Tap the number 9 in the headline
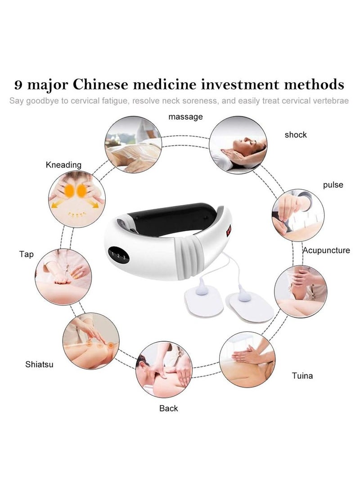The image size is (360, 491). pyautogui.click(x=18, y=85)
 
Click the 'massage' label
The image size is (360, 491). pyautogui.click(x=185, y=117)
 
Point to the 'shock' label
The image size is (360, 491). pyautogui.click(x=296, y=134)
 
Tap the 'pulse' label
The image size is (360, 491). pyautogui.click(x=333, y=185)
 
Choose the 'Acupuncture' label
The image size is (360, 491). pyautogui.click(x=326, y=250)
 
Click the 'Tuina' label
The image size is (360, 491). pyautogui.click(x=302, y=375)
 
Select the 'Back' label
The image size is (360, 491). pyautogui.click(x=169, y=408)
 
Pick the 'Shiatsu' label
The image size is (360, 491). pyautogui.click(x=39, y=364)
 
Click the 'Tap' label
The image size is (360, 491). pyautogui.click(x=27, y=254)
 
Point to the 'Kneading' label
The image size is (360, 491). pyautogui.click(x=63, y=165)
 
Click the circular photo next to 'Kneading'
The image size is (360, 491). pyautogui.click(x=76, y=199)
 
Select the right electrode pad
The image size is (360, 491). pyautogui.click(x=250, y=306)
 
